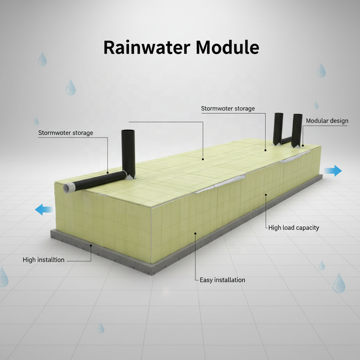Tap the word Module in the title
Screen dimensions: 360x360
(227, 47)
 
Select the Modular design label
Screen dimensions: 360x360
(327, 121)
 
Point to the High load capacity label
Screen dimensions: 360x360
(293, 228)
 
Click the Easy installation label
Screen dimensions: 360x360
(222, 280)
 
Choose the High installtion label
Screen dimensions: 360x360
(43, 260)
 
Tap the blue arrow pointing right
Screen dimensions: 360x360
(332, 171)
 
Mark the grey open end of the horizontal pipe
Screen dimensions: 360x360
(68, 188)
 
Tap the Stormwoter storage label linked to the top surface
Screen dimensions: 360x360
(228, 108)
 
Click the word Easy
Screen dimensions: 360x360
(206, 280)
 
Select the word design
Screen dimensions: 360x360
(338, 121)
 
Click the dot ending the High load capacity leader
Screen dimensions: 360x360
(266, 194)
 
